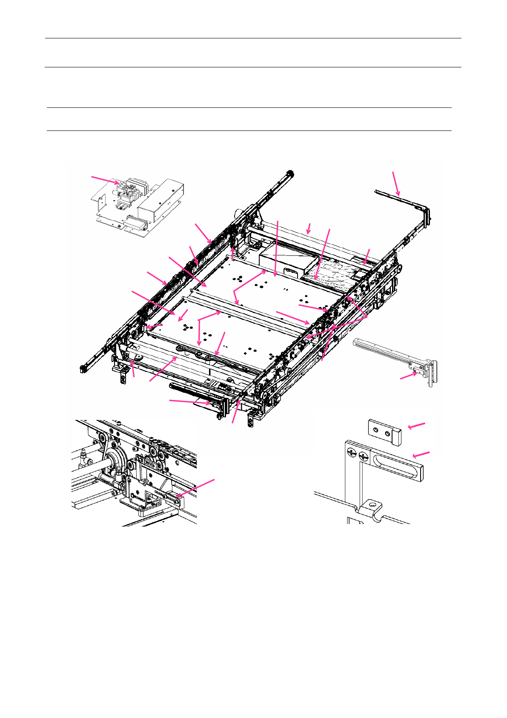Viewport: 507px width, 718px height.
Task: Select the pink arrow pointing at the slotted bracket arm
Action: [x=421, y=455]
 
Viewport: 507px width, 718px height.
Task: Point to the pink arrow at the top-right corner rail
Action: [x=396, y=183]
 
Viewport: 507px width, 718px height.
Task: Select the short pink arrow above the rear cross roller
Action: [x=309, y=228]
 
